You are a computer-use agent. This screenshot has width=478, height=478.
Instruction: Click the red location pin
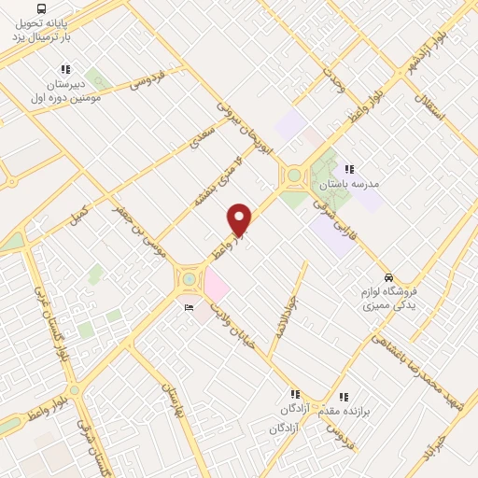[x=240, y=218]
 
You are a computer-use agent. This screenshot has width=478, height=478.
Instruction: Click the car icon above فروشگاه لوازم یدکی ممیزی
[x=387, y=277]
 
